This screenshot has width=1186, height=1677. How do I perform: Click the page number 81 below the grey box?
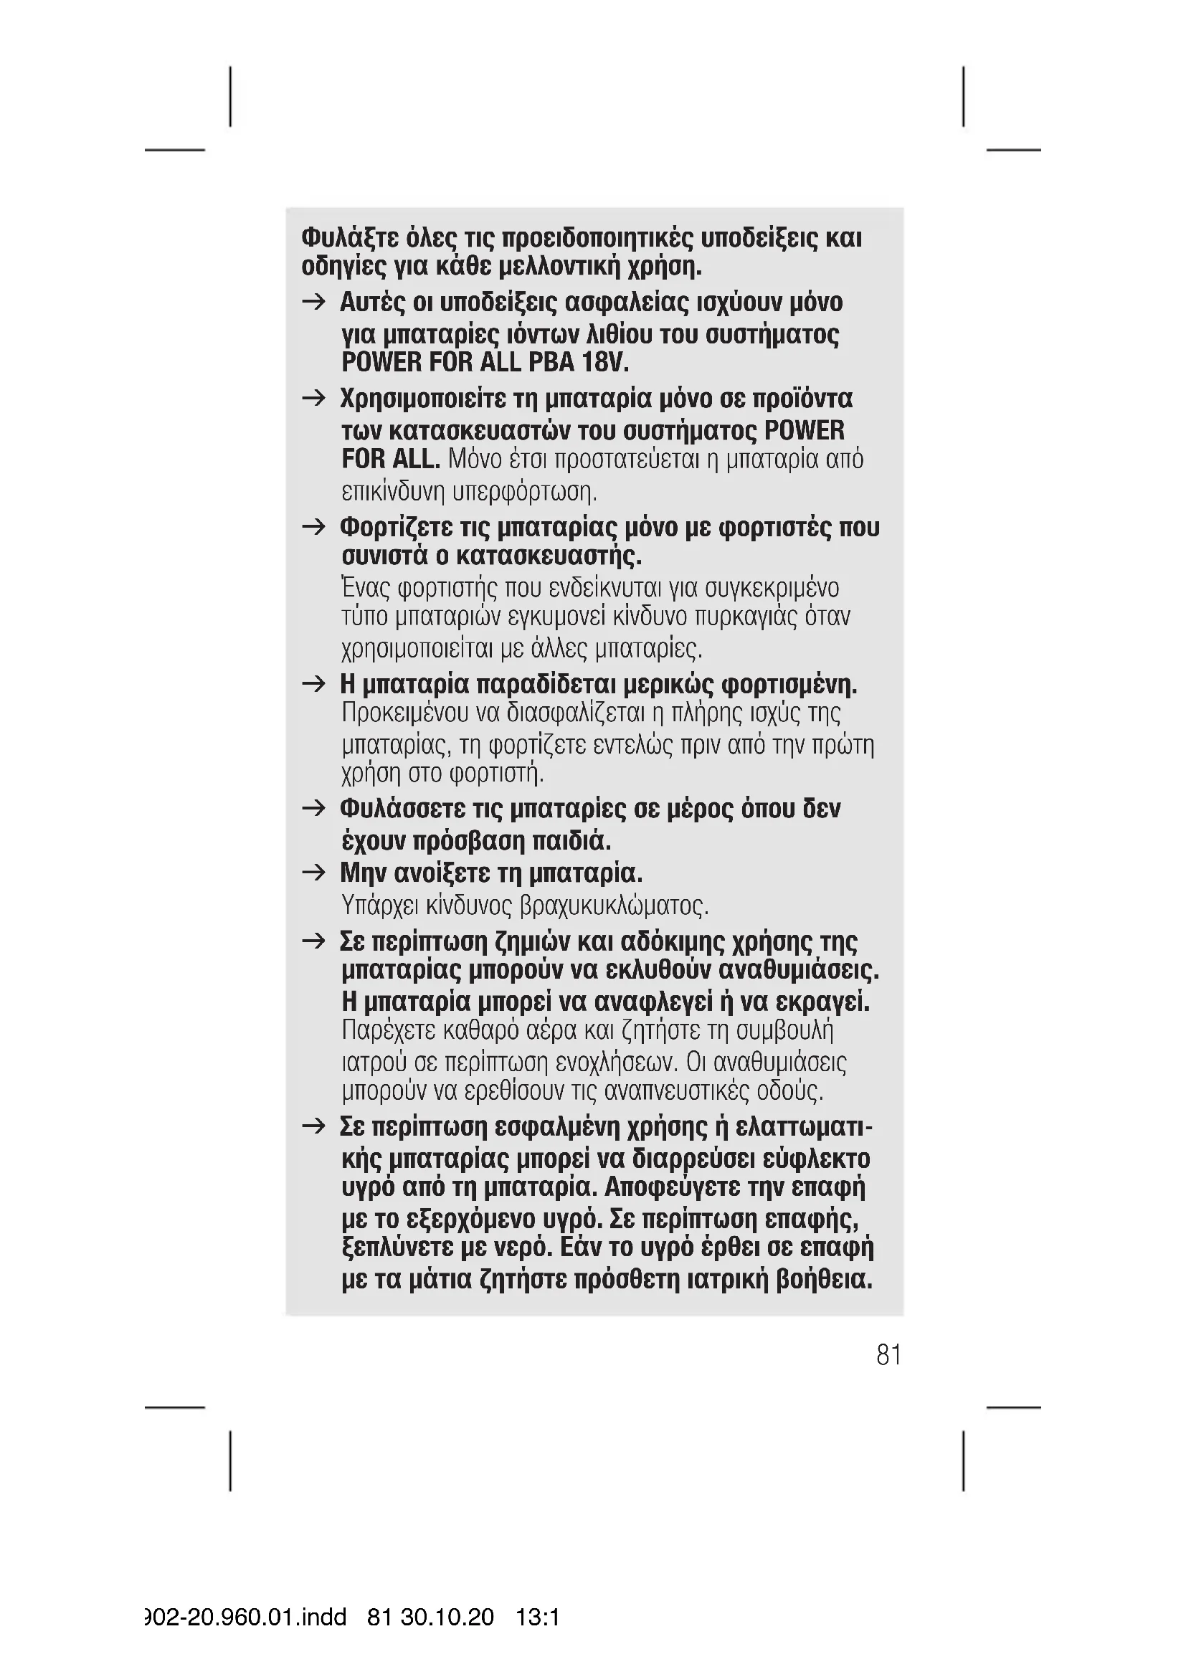pyautogui.click(x=888, y=1355)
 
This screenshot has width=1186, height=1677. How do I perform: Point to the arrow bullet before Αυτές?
pyautogui.click(x=314, y=302)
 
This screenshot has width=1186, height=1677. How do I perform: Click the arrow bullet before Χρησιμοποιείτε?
pyautogui.click(x=314, y=398)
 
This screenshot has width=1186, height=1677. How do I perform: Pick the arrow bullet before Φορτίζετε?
pyautogui.click(x=314, y=527)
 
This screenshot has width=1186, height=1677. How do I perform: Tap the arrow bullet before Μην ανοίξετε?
pyautogui.click(x=314, y=872)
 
